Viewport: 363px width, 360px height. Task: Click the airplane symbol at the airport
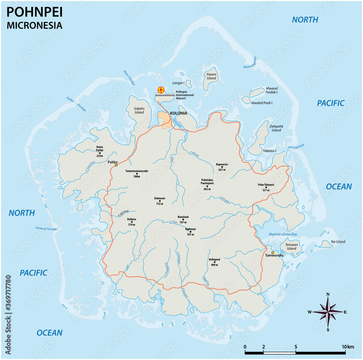click(x=161, y=90)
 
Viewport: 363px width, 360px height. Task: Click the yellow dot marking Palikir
click(x=116, y=165)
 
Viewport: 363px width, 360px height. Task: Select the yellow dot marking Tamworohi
click(x=273, y=252)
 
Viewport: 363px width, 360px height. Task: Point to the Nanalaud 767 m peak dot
click(x=183, y=219)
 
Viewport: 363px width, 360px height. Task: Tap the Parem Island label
click(x=211, y=76)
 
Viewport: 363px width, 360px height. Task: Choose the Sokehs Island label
click(x=139, y=110)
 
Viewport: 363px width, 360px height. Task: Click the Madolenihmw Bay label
click(x=283, y=234)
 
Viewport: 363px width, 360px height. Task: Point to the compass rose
click(x=328, y=312)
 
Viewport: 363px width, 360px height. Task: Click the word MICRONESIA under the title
click(x=34, y=25)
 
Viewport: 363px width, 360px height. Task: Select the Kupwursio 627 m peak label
click(x=222, y=166)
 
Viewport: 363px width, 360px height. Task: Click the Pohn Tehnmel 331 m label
click(x=266, y=187)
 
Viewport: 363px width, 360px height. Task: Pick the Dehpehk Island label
click(x=276, y=128)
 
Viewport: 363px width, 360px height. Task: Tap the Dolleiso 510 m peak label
click(x=131, y=222)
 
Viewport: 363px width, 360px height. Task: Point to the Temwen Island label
click(x=291, y=247)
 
